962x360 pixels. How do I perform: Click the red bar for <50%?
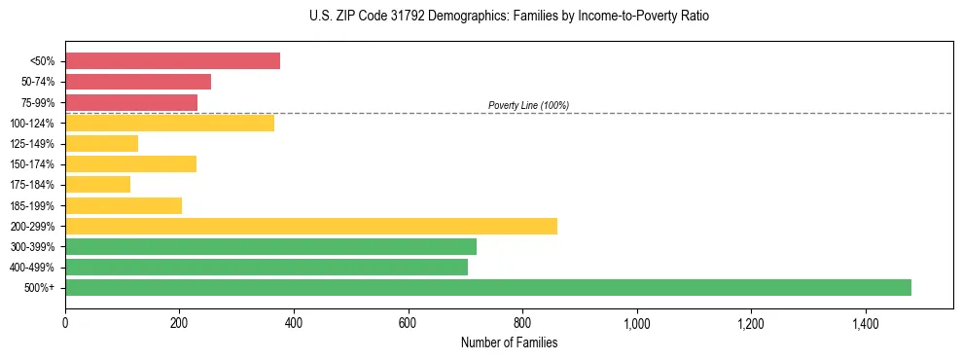172,61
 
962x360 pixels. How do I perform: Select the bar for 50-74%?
138,82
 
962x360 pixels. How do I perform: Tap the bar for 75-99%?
131,102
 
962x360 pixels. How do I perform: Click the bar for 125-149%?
101,143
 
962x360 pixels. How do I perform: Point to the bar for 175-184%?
97,185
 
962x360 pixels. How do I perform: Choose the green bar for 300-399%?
270,246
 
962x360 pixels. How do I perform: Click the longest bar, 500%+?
488,287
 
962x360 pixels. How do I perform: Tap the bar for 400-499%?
267,267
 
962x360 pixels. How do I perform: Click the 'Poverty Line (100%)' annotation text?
528,105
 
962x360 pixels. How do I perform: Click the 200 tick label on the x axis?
179,323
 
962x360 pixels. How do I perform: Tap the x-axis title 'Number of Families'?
509,342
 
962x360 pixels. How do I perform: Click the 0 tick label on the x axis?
65,323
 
